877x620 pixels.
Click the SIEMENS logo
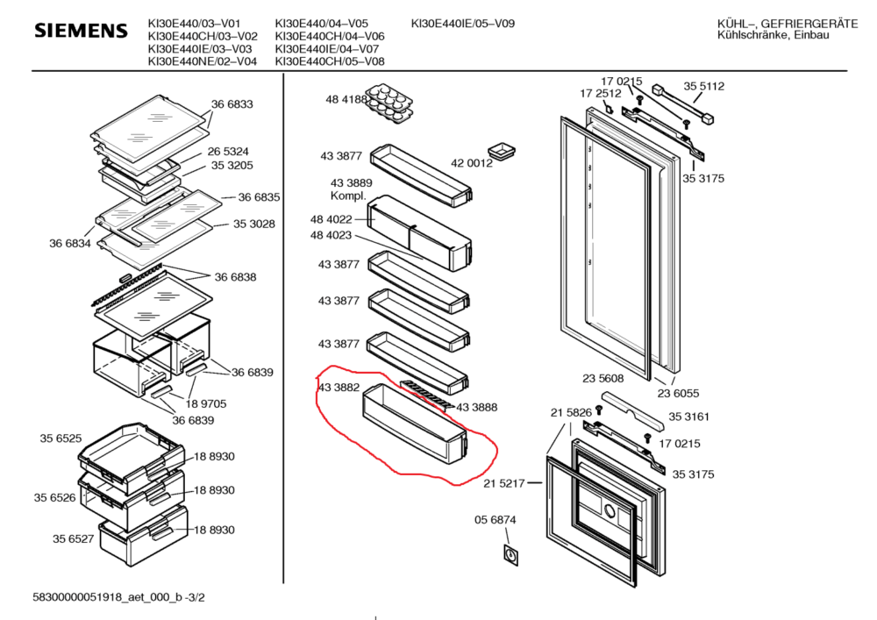point(81,31)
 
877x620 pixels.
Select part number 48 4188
point(346,100)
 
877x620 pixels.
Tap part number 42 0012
point(472,163)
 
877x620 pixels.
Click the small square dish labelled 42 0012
point(503,148)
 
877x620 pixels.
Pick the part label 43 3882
point(337,387)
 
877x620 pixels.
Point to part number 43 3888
point(477,407)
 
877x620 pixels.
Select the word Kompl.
point(347,195)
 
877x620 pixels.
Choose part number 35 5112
point(704,86)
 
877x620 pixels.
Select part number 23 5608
point(602,379)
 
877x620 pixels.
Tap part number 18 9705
point(206,404)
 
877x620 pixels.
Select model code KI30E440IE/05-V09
point(463,24)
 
